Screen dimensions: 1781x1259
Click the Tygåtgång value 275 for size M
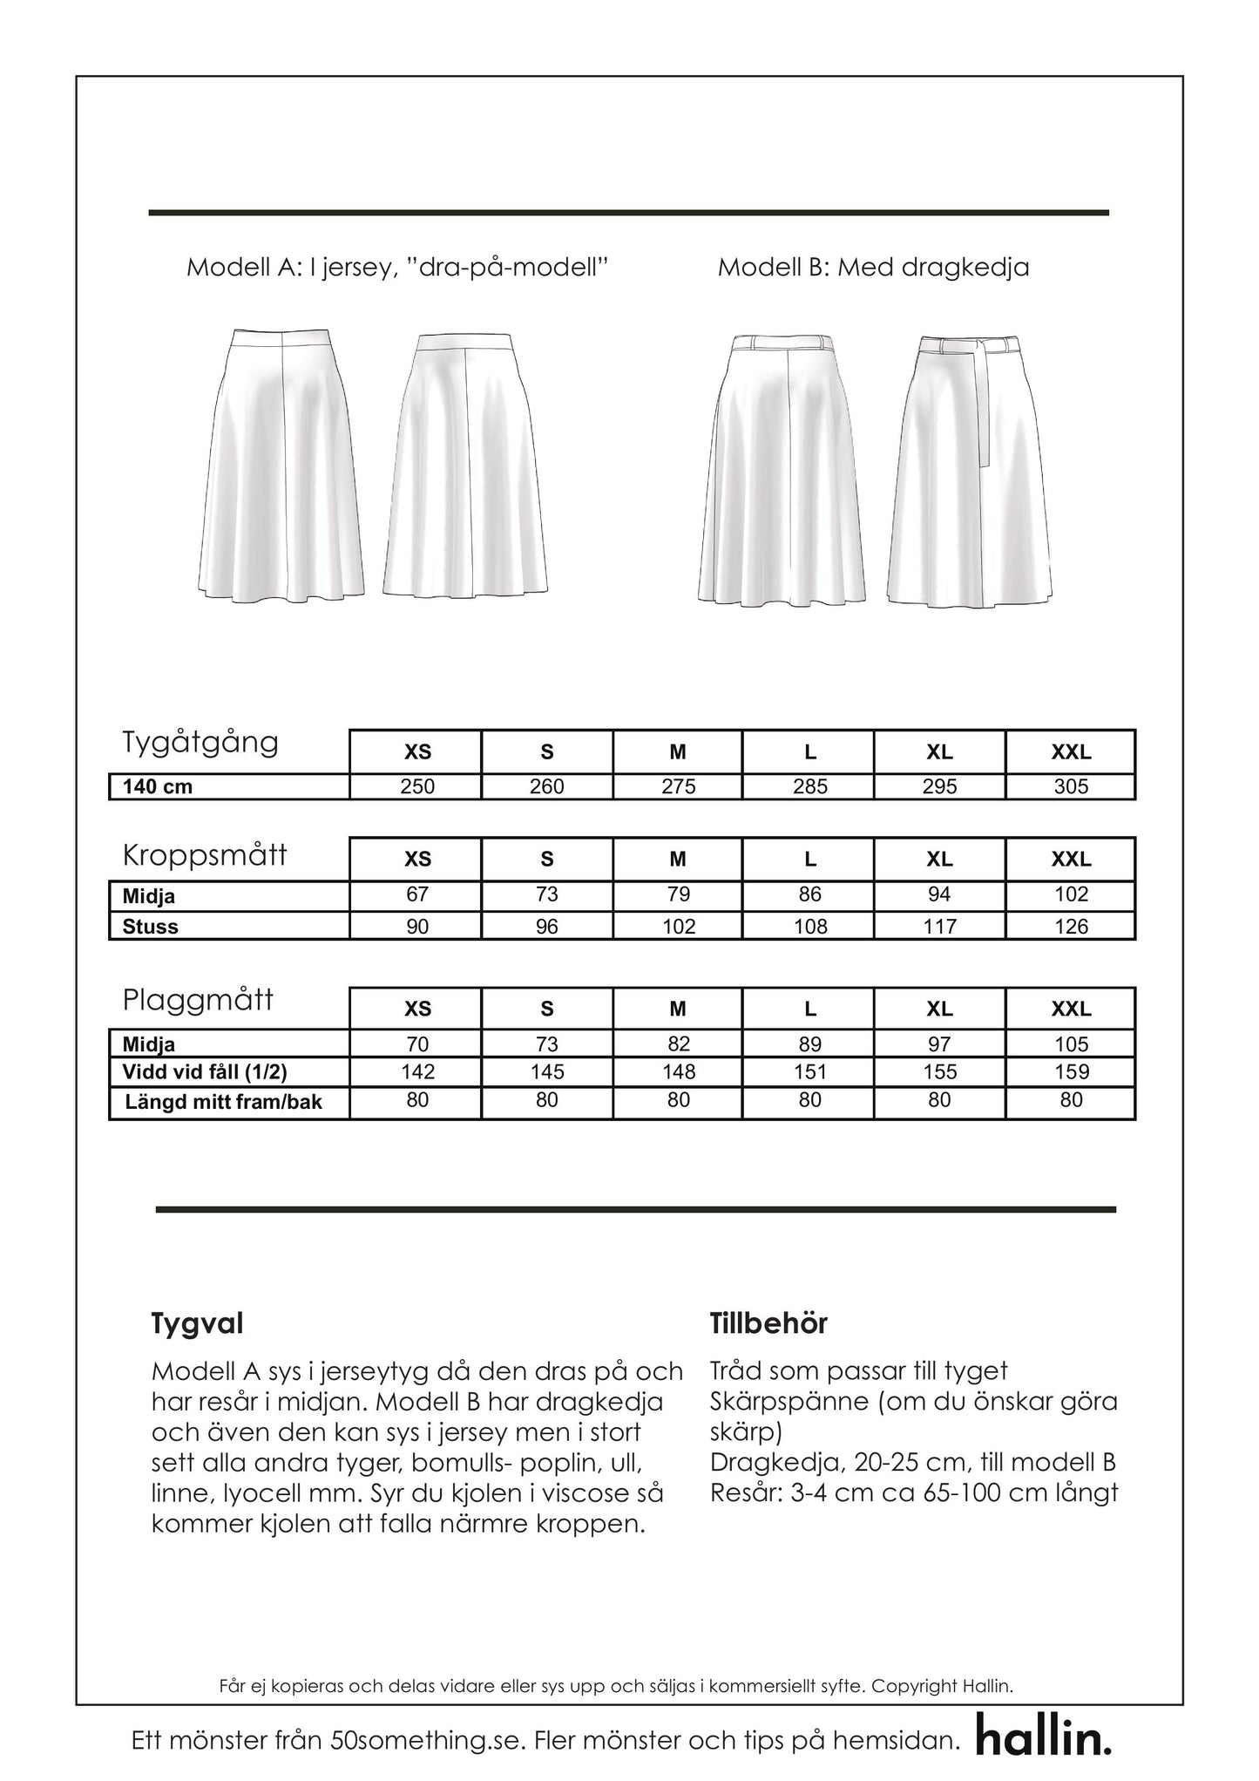(678, 786)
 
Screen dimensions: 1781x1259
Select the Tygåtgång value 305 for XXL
(1071, 786)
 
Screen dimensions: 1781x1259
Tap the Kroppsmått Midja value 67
(417, 894)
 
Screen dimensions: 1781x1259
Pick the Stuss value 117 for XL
(939, 927)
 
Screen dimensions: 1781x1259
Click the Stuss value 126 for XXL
(1071, 927)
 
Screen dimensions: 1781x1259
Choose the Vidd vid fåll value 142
(417, 1072)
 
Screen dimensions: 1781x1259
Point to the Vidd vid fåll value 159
(1071, 1072)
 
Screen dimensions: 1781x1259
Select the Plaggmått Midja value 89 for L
(809, 1044)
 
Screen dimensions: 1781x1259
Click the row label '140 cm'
(158, 786)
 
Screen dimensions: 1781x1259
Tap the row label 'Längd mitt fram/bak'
(223, 1102)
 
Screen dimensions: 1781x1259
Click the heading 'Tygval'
(197, 1323)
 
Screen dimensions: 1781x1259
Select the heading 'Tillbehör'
(768, 1323)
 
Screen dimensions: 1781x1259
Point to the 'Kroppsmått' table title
(205, 855)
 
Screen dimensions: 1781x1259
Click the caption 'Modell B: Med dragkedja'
(873, 267)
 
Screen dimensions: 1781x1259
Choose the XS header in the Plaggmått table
(417, 1009)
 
